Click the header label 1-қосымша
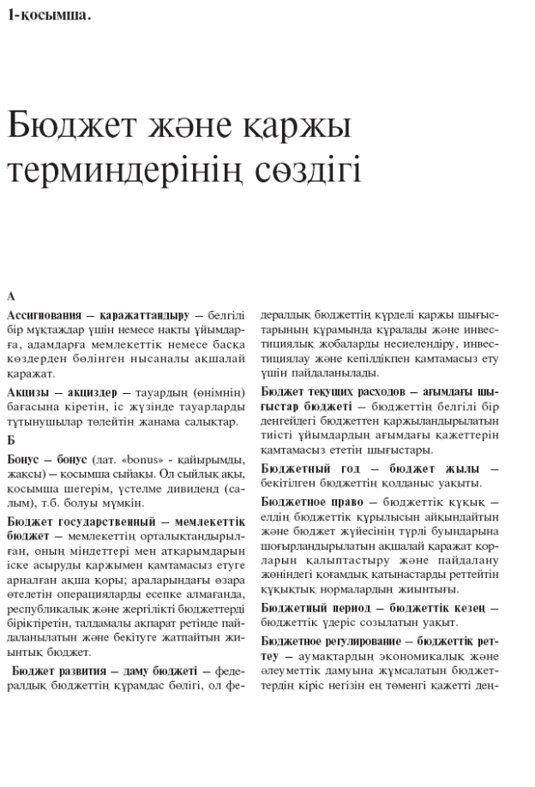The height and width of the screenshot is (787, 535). tap(48, 14)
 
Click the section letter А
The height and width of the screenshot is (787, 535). tap(11, 296)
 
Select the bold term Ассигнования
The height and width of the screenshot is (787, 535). tap(43, 315)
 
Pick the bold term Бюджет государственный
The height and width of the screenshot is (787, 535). tap(76, 521)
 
